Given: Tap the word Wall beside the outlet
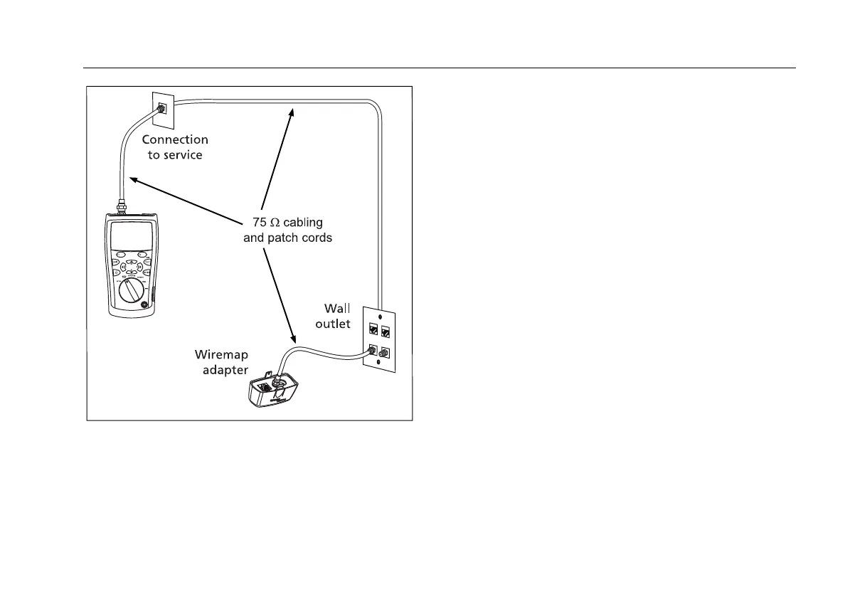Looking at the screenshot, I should point(339,308).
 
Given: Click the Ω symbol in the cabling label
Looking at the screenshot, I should point(281,223).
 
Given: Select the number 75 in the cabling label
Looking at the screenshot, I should point(261,223).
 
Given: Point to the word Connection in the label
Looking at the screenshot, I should point(175,139).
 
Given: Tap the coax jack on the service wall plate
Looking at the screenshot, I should point(161,108).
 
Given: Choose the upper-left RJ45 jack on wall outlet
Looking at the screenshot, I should point(373,329).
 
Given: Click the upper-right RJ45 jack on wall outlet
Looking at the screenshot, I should point(386,329).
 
